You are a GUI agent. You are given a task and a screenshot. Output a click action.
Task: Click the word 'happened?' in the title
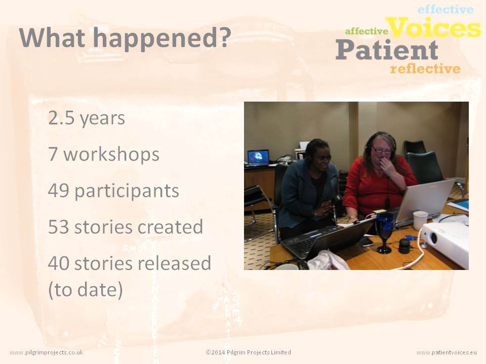click(x=162, y=38)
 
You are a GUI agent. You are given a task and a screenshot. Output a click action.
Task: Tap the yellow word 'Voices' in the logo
click(x=435, y=27)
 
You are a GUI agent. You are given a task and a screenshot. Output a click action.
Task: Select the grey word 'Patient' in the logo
click(x=387, y=50)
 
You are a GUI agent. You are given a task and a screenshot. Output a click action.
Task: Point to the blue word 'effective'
click(x=445, y=9)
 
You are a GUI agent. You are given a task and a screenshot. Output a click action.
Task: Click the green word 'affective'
click(x=367, y=31)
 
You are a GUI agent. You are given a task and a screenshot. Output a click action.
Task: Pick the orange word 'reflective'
click(x=425, y=68)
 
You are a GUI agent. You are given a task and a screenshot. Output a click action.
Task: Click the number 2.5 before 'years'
click(x=62, y=118)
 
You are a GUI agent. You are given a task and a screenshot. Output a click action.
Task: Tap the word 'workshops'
click(x=111, y=154)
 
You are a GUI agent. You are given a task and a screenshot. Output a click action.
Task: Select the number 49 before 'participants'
click(x=59, y=191)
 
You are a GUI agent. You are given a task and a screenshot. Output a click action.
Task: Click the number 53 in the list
click(x=59, y=227)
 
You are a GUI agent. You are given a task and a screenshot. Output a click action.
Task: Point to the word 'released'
click(x=174, y=263)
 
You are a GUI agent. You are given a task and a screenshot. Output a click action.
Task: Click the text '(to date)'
click(x=86, y=290)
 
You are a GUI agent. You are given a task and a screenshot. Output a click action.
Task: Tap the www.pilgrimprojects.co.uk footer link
click(x=47, y=352)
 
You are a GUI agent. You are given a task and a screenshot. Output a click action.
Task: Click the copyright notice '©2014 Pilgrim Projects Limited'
click(x=248, y=352)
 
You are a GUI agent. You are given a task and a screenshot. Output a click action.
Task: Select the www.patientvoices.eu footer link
click(x=447, y=352)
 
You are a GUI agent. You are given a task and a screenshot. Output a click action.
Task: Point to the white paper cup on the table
click(x=420, y=220)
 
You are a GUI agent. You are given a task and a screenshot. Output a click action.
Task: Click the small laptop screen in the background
click(x=258, y=157)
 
